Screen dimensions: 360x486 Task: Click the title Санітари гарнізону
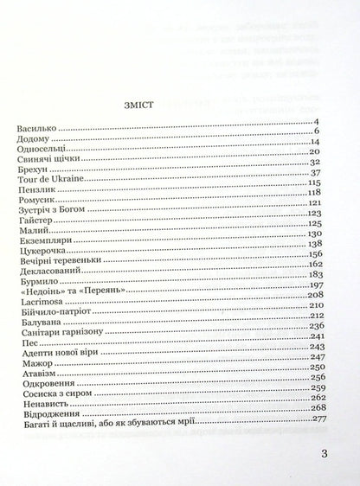56,358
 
